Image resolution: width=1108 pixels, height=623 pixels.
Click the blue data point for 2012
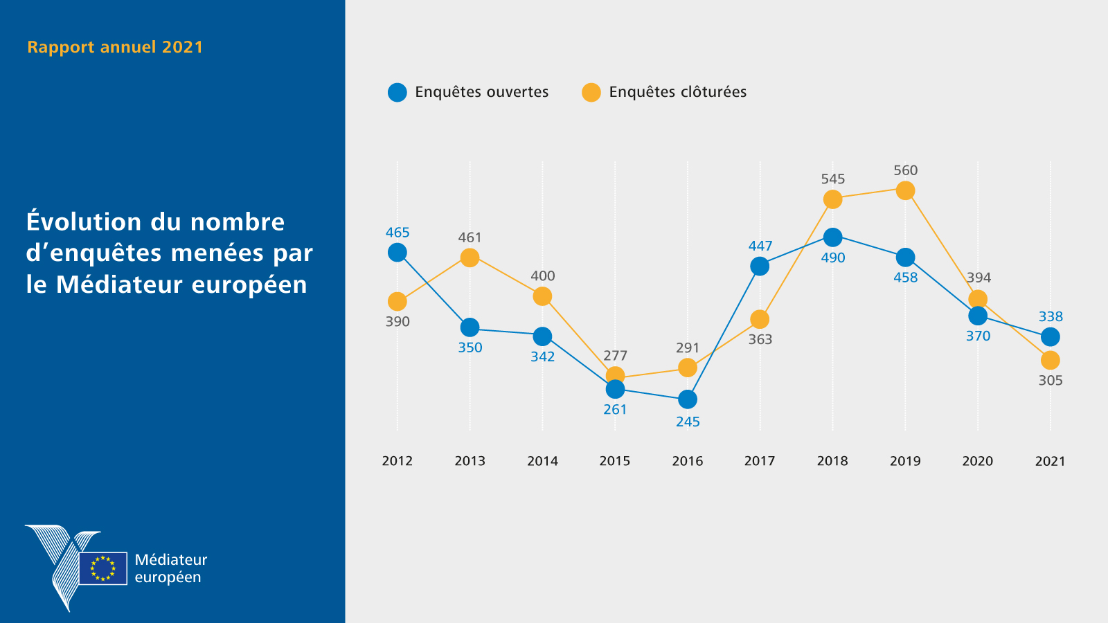(397, 253)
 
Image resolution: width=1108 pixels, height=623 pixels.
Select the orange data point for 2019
(905, 190)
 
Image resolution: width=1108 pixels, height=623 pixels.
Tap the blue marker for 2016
(687, 399)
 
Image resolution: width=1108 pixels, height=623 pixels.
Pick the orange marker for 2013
(470, 258)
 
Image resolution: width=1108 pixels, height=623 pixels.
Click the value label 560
(905, 170)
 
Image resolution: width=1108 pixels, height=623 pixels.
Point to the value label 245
(688, 422)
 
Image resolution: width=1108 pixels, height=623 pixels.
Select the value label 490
(832, 258)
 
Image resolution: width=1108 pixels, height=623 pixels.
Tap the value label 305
(1050, 380)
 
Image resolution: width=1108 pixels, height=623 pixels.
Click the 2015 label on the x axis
(614, 461)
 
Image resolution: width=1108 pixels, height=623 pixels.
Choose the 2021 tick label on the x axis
(1050, 461)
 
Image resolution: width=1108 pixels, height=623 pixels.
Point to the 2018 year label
(832, 461)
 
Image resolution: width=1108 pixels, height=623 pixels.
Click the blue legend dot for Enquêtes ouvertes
(397, 92)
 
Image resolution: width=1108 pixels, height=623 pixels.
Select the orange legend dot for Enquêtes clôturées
(591, 92)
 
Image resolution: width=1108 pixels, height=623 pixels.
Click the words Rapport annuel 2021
(115, 47)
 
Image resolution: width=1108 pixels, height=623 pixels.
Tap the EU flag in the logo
(103, 568)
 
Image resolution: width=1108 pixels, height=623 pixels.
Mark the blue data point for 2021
(1050, 337)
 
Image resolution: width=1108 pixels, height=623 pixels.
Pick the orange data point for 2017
(760, 319)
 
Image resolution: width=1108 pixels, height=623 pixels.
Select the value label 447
(760, 246)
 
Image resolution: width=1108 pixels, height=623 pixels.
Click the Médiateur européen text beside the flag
(170, 568)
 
